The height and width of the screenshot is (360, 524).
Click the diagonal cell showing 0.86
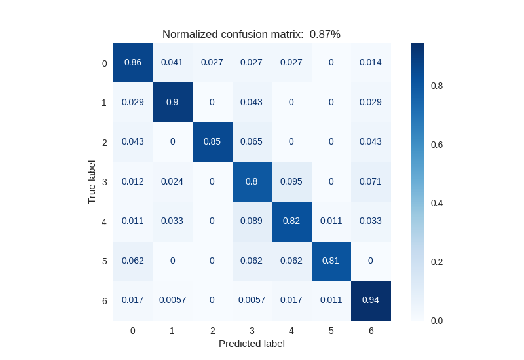pos(133,63)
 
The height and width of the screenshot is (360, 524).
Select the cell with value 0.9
pos(172,102)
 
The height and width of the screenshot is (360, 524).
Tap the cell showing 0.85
pos(212,142)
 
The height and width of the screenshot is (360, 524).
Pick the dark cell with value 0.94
pos(371,300)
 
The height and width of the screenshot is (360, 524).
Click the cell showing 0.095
pos(291,181)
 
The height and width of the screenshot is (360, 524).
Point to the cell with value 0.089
pos(252,221)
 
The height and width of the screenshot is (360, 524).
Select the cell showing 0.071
pos(371,181)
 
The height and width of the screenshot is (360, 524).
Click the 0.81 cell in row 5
pos(331,261)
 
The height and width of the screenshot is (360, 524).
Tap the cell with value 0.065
pos(252,142)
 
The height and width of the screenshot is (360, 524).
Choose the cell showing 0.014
pos(371,63)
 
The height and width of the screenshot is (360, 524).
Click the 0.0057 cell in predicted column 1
pos(172,300)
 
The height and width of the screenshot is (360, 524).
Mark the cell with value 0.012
pos(133,181)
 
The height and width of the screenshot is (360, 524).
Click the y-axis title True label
pos(92,182)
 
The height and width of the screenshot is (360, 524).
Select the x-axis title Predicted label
pos(252,344)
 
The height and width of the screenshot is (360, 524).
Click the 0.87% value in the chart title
pos(325,35)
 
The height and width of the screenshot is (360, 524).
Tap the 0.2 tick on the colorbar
pos(437,262)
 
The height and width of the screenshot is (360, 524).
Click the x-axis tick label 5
pos(331,331)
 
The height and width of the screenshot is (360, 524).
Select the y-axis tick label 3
pos(104,182)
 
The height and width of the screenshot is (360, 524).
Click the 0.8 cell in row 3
pos(252,181)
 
